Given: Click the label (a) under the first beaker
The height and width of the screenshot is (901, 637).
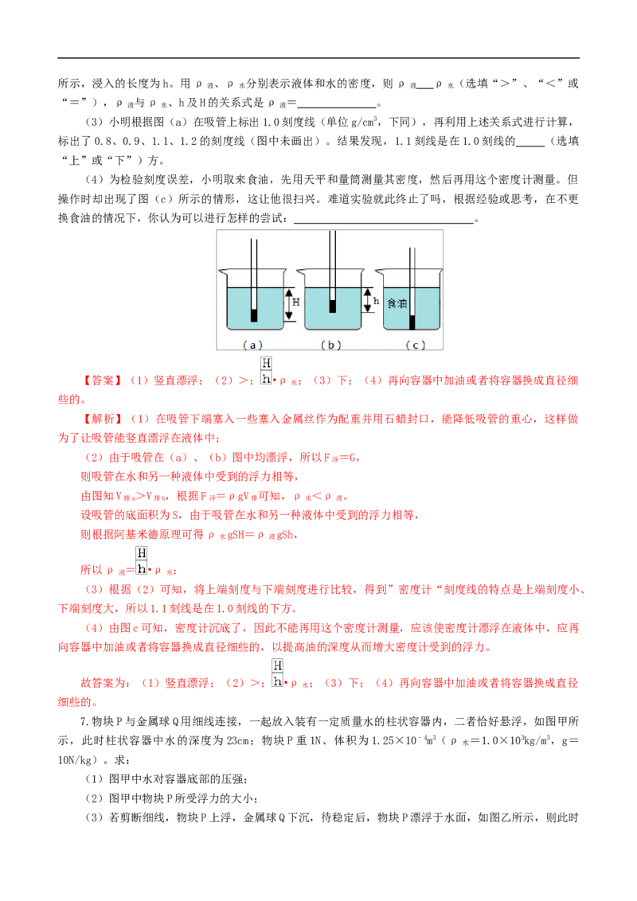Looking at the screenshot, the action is click(x=252, y=345).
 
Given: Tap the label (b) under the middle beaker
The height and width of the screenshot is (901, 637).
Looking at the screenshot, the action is click(x=330, y=345).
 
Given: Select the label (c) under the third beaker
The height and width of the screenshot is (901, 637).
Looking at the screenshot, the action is click(x=415, y=345).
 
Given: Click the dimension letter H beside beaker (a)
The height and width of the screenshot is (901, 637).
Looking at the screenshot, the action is click(x=296, y=302).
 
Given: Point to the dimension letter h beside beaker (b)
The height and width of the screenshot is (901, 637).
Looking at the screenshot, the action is click(x=376, y=301).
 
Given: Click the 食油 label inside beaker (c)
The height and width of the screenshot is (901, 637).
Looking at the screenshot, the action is click(x=397, y=302).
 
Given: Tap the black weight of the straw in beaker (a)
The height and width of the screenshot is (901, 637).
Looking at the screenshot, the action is click(x=253, y=315).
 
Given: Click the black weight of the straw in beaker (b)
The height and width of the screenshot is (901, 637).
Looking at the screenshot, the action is click(x=332, y=306).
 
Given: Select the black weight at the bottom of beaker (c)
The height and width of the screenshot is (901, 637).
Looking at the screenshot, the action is click(x=412, y=323).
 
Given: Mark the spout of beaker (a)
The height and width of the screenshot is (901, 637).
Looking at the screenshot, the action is click(x=222, y=271).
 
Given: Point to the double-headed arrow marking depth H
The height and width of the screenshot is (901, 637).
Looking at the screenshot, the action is click(x=289, y=304).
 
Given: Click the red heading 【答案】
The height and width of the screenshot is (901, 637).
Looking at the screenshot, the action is click(x=103, y=380).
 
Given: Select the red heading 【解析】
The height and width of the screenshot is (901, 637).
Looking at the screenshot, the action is click(x=103, y=419).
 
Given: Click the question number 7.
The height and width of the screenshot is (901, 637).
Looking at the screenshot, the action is click(x=84, y=721).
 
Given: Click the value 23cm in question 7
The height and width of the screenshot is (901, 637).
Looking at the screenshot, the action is click(x=236, y=741).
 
